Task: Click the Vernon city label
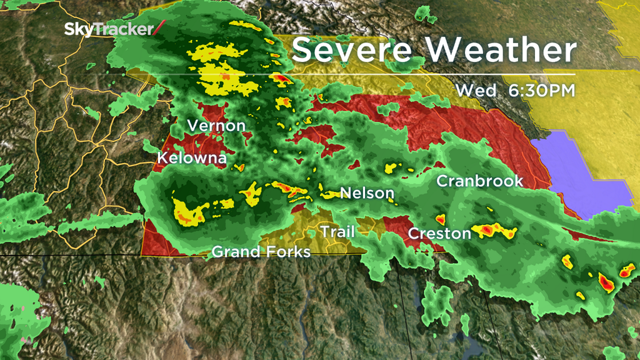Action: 216,126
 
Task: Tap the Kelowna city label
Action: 191,158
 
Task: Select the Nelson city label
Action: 367,193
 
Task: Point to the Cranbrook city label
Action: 479,181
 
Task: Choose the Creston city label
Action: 439,234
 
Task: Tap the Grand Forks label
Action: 261,252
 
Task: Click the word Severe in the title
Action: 358,50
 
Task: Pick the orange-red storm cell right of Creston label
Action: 494,232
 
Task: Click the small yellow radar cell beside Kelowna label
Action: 239,167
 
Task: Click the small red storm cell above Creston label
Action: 439,219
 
